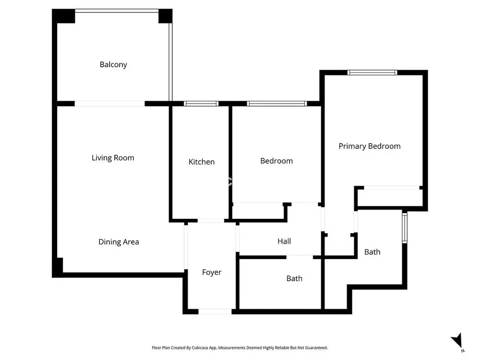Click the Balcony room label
coord(113,65)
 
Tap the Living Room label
coord(113,158)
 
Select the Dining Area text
coord(119,242)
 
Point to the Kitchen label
coord(202,162)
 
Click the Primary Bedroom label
coord(370,146)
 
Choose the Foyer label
coord(212,273)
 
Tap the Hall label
coord(284,241)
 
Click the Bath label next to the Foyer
coord(294,278)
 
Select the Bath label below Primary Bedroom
coord(372,252)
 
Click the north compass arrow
coord(457,340)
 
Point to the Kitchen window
coord(201,104)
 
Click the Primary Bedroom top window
coord(372,72)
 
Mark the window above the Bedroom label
coord(277,104)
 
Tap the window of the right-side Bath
coord(404,228)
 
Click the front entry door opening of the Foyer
coord(215,312)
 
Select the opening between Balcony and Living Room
coord(109,104)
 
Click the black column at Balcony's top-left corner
coord(63,16)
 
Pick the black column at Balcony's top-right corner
coord(165,16)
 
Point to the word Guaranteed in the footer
coord(317,348)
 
